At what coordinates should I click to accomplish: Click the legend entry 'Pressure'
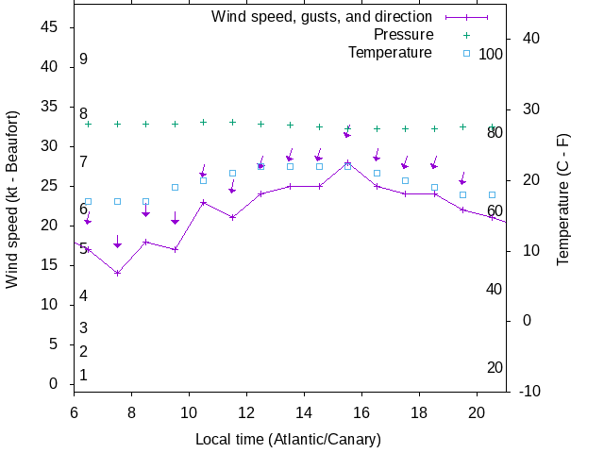click(403, 35)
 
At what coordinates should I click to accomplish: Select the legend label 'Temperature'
click(390, 52)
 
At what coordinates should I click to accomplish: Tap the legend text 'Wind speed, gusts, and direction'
click(322, 17)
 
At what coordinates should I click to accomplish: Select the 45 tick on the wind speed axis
click(51, 27)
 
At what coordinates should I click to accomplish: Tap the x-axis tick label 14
click(304, 411)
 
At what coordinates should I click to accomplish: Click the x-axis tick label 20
click(478, 411)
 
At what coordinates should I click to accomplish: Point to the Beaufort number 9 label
click(83, 59)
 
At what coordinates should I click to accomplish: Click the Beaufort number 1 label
click(83, 376)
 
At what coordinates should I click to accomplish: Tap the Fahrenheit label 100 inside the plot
click(491, 55)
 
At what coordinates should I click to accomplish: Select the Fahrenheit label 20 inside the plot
click(495, 367)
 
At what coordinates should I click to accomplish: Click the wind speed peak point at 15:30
click(347, 162)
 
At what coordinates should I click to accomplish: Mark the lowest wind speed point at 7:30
click(117, 274)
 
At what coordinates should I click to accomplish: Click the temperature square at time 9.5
click(175, 187)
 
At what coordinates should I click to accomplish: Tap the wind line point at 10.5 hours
click(203, 202)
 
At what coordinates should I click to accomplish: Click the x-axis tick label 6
click(74, 411)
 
